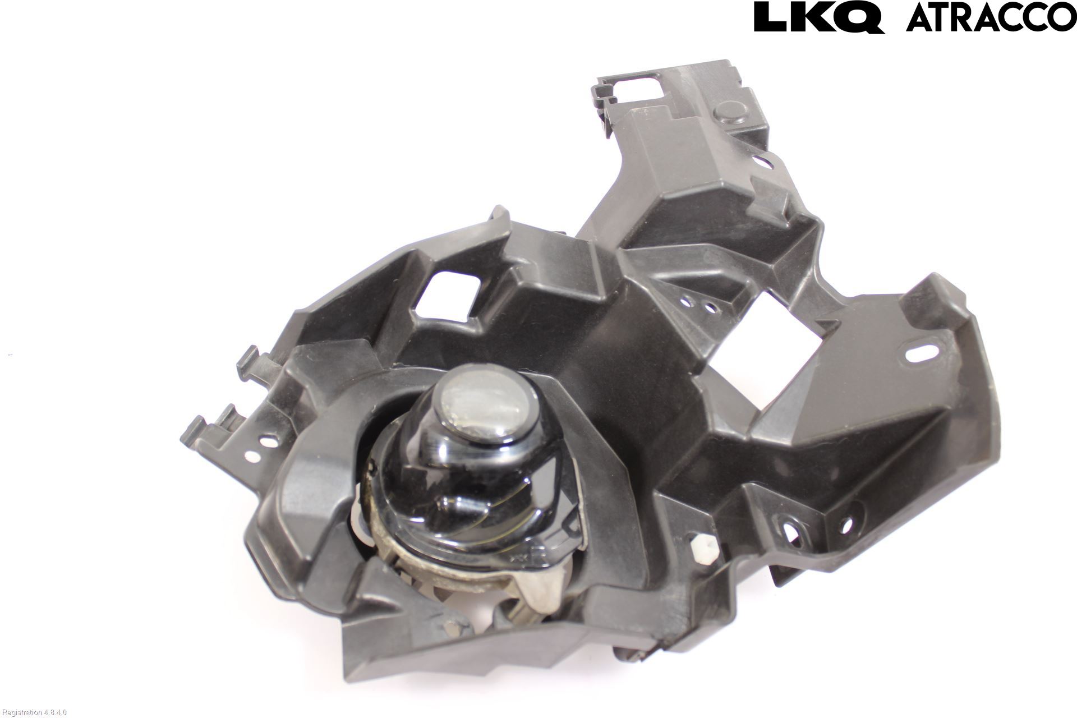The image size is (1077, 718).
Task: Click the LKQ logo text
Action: tap(820, 17)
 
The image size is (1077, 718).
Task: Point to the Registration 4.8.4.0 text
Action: tap(35, 712)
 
